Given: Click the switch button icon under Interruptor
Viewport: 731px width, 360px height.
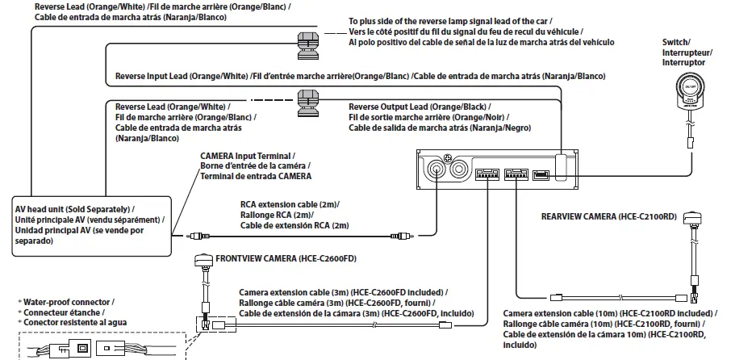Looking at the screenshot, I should click(688, 87).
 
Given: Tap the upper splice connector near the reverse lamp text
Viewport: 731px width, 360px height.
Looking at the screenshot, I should click(307, 40).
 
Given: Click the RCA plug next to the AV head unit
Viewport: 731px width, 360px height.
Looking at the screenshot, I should click(194, 236).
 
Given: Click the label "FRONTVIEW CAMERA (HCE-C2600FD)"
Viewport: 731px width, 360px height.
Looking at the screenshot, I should click(286, 258).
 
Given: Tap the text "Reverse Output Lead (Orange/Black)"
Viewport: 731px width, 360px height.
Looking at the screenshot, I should click(419, 107).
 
